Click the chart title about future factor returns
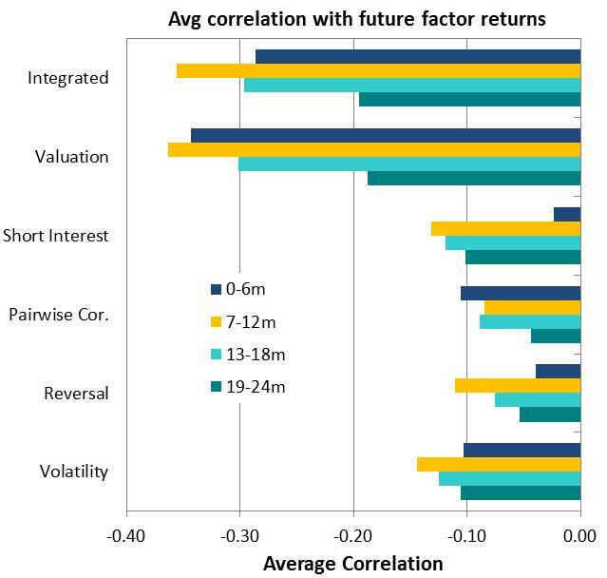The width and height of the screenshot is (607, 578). click(x=356, y=19)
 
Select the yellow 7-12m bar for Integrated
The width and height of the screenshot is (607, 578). click(x=378, y=71)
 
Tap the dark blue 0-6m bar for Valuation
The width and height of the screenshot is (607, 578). click(x=386, y=136)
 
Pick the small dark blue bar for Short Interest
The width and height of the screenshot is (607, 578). click(x=567, y=215)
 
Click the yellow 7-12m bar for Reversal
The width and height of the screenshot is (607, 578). click(x=518, y=386)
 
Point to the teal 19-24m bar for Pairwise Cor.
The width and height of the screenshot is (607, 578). click(x=556, y=336)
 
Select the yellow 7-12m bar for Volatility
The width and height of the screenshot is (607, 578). click(x=499, y=464)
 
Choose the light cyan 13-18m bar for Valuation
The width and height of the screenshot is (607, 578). click(x=409, y=164)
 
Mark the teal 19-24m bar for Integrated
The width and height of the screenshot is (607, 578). click(x=469, y=99)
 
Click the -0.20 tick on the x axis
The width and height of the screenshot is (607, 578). click(x=353, y=536)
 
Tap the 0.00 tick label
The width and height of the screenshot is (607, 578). click(x=579, y=536)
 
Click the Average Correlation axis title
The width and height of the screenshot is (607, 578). click(x=352, y=564)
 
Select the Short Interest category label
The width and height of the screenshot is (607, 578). click(x=56, y=236)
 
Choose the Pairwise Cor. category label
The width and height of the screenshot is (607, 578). click(x=59, y=315)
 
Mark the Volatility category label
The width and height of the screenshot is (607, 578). click(x=74, y=472)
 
